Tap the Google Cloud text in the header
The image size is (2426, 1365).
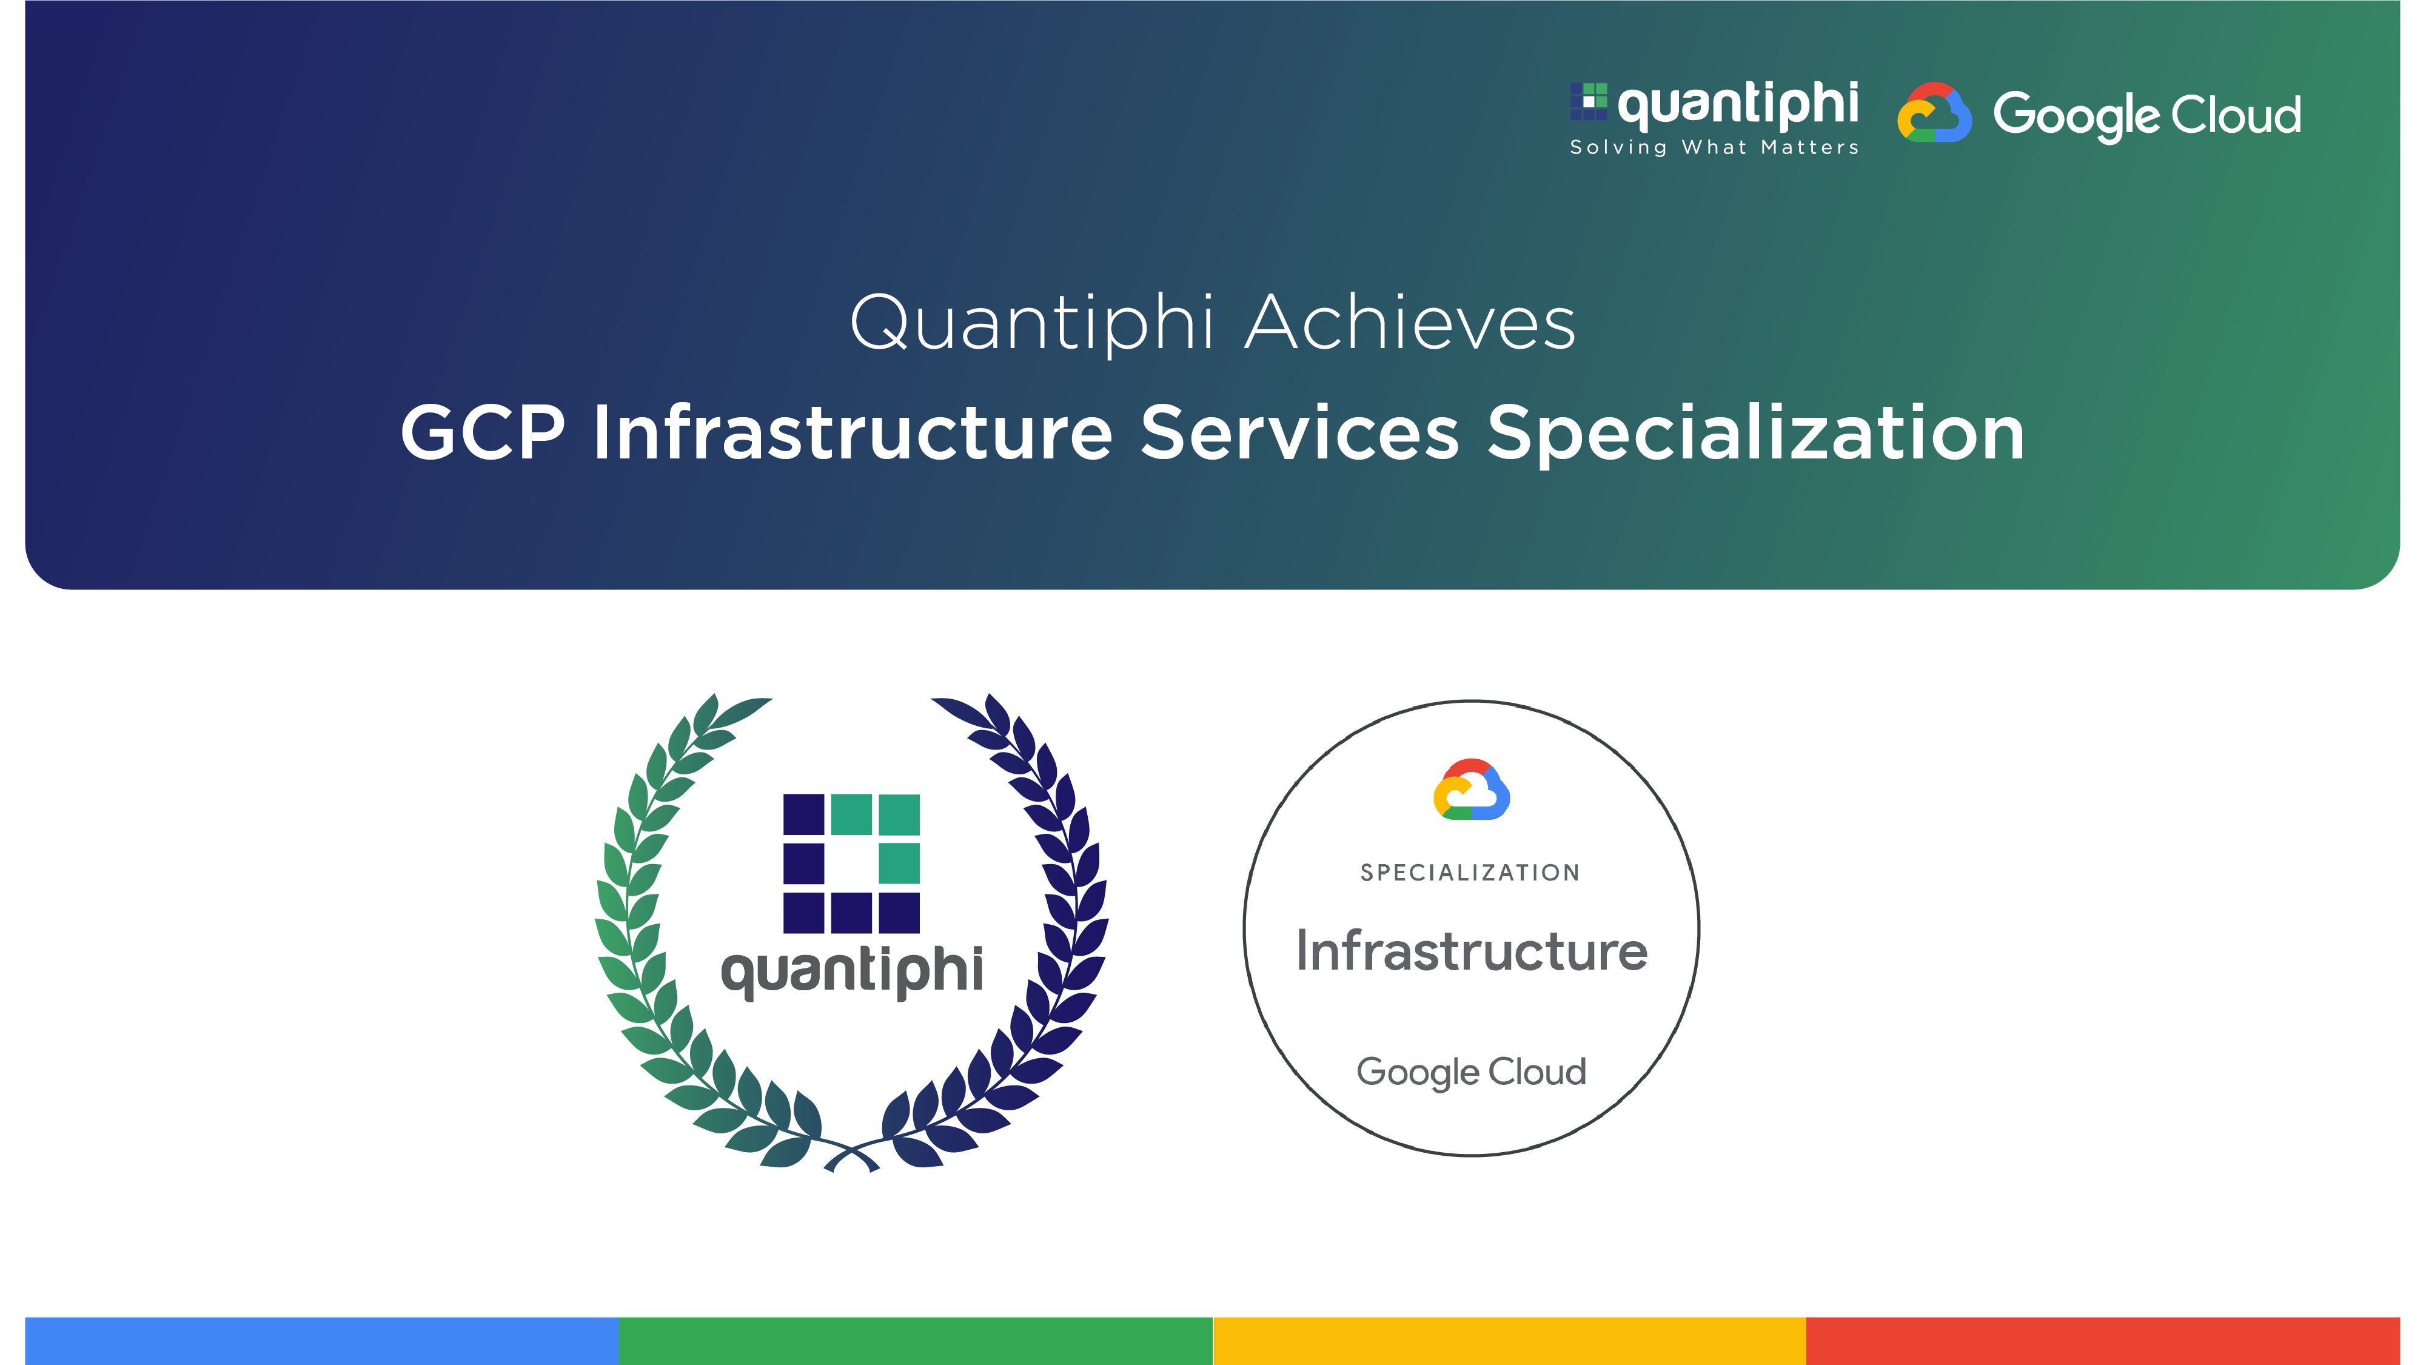tap(2146, 115)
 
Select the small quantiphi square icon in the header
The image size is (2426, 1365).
tap(1588, 102)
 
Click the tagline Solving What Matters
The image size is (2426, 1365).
tap(1714, 148)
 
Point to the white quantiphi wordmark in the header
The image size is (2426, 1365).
tap(1738, 104)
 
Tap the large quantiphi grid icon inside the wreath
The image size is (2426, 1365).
tap(851, 863)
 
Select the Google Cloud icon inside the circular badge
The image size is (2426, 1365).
tap(1471, 790)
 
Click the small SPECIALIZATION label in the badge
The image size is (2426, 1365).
tap(1470, 873)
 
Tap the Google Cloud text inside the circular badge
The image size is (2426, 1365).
tap(1471, 1072)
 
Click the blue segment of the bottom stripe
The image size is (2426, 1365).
tap(321, 1341)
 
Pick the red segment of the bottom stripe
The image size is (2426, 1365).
tap(2102, 1341)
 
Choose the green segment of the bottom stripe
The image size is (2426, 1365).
tap(916, 1341)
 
